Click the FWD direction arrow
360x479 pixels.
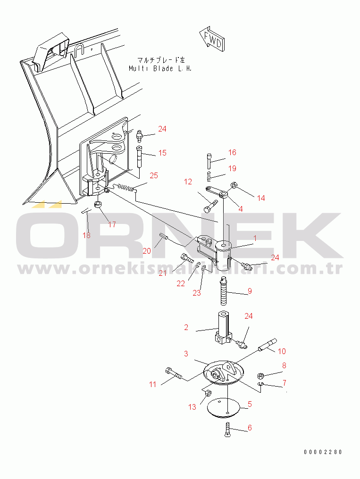tap(211, 39)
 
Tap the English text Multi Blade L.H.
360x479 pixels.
tap(160, 68)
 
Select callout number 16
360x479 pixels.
tap(232, 152)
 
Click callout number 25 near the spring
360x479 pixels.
tap(154, 175)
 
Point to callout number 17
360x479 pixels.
tap(112, 224)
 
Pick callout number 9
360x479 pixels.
tap(250, 291)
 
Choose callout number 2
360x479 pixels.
tap(186, 327)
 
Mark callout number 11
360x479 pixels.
tap(152, 384)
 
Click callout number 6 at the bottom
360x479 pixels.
tap(250, 428)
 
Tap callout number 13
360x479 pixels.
tap(192, 407)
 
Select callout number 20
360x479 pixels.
tap(147, 251)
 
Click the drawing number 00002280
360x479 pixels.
tap(323, 452)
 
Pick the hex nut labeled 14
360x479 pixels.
tap(234, 184)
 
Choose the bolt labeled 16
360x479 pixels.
tap(209, 161)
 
